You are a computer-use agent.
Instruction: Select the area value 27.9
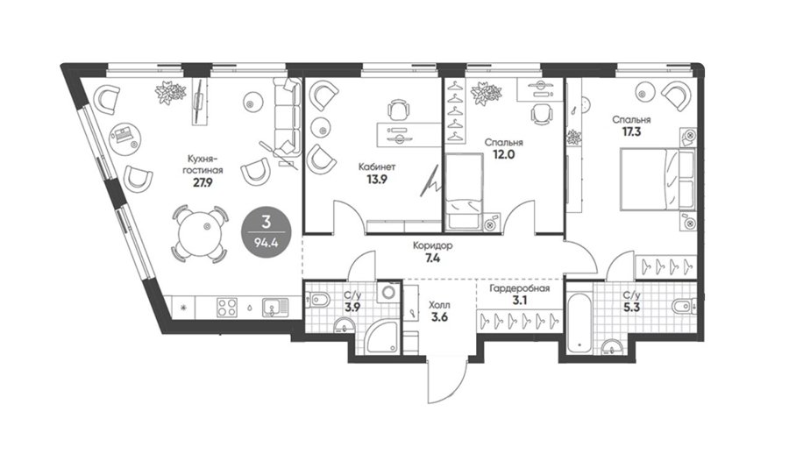coord(203,182)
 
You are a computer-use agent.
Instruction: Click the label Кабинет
coord(377,167)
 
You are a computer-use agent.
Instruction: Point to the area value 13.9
coord(376,179)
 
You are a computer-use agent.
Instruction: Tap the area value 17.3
coord(631,131)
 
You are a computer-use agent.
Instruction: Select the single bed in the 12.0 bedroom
coord(464,192)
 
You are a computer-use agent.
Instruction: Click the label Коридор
coord(432,246)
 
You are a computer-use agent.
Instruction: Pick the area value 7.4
coord(432,259)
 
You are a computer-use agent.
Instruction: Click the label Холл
coord(439,305)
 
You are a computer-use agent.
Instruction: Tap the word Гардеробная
coord(520,288)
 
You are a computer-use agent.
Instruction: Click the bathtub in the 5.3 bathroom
coord(580,324)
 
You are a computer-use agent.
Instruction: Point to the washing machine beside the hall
coord(389,291)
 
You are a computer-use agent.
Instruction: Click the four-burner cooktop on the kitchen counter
coord(227,308)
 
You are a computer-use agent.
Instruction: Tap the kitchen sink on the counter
coord(275,308)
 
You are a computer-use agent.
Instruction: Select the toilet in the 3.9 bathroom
coord(317,301)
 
